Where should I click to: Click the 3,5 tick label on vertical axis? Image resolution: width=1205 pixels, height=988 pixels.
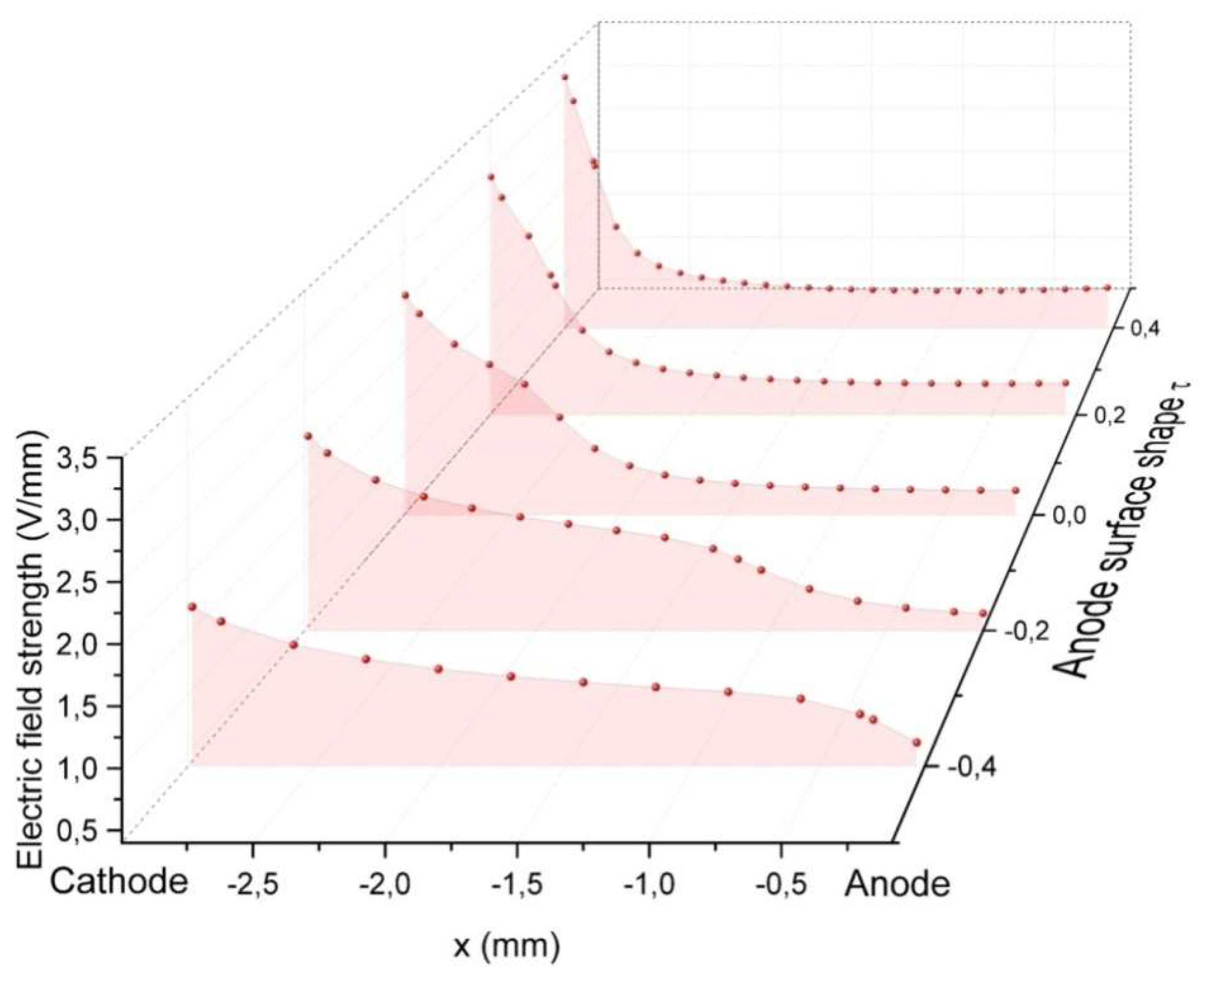pyautogui.click(x=81, y=458)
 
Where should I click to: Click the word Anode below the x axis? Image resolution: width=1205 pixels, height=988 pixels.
pyautogui.click(x=897, y=885)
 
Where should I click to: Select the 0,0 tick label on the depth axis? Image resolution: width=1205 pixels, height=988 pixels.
pyautogui.click(x=1069, y=516)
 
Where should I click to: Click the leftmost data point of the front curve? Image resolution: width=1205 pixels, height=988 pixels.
pyautogui.click(x=192, y=607)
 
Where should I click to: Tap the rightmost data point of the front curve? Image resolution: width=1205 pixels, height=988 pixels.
pyautogui.click(x=916, y=743)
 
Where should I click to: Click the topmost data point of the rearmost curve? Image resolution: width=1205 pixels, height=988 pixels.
pyautogui.click(x=565, y=77)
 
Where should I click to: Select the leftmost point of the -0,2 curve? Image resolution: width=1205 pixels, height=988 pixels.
pyautogui.click(x=308, y=436)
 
